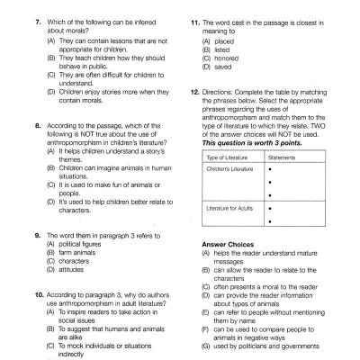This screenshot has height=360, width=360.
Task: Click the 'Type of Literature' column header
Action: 225,157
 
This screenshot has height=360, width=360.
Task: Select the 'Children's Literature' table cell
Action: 231,168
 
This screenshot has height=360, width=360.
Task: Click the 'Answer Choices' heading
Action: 227,244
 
